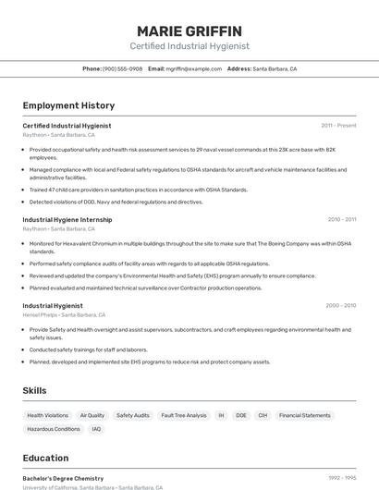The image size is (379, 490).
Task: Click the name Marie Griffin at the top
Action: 189,31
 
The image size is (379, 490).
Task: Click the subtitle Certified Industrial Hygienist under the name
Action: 189,46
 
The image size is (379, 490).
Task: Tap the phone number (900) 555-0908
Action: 122,68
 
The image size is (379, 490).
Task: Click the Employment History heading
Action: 68,105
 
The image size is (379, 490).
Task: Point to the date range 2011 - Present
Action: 338,125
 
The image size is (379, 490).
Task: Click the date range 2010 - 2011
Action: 341,220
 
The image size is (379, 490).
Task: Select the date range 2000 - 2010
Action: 340,305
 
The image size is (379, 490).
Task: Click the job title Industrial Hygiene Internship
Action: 67,220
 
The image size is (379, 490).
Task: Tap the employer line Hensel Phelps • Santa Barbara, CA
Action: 60,314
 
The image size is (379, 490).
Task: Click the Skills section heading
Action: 34,391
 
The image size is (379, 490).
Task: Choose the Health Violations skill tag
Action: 47,416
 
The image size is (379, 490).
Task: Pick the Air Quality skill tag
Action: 92,416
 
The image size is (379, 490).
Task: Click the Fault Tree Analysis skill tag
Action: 184,416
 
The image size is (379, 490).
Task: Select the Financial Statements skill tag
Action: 304,416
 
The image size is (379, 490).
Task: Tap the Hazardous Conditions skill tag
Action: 54,429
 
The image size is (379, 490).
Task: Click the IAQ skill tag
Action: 96,429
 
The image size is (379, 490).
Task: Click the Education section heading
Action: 45,458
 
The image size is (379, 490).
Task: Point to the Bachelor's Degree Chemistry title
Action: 63,478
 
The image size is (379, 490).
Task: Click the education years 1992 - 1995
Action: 342,478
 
